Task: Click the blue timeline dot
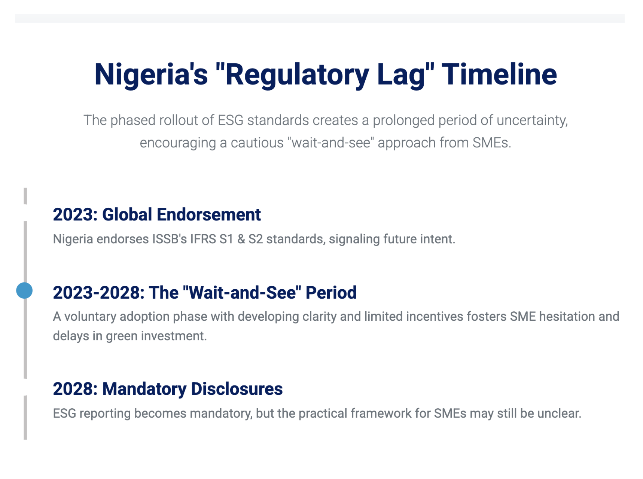pos(24,290)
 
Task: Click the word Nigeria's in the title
pos(151,74)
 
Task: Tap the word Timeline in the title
pos(499,74)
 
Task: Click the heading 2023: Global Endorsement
pos(157,214)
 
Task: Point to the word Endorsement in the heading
pos(209,214)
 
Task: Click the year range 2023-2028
pos(99,293)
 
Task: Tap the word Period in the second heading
pos(331,293)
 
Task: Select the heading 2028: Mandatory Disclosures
pos(168,389)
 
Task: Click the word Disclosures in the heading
pos(237,389)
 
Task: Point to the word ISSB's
pos(170,239)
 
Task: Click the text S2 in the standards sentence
pos(256,239)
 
